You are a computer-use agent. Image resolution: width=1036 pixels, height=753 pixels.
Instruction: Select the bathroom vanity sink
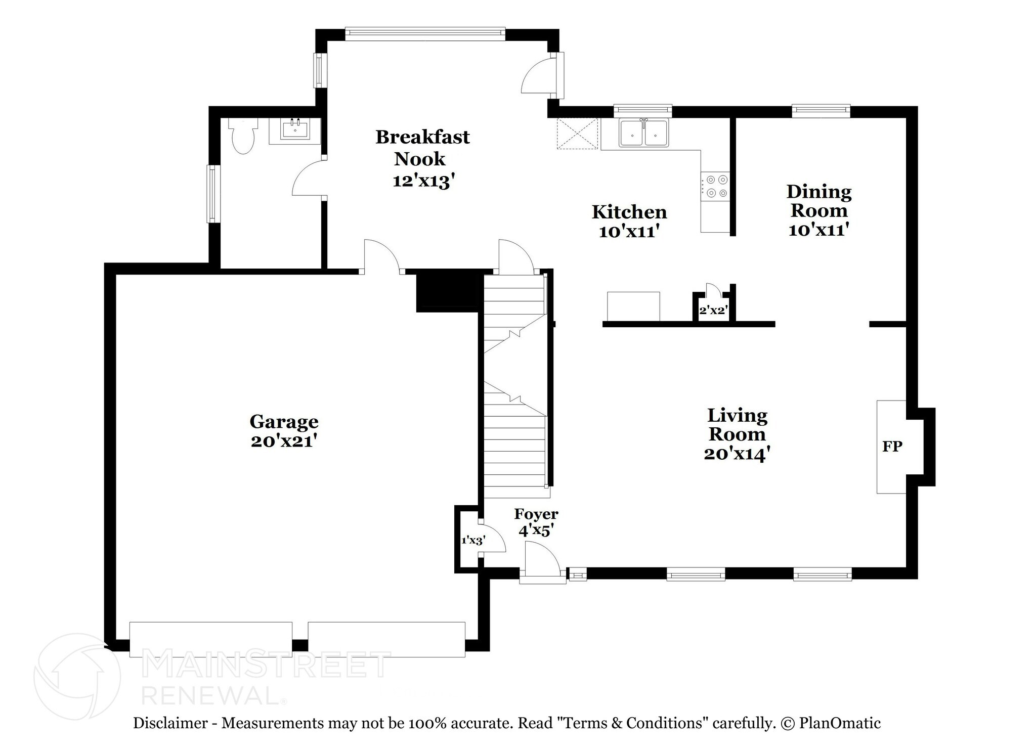pyautogui.click(x=295, y=130)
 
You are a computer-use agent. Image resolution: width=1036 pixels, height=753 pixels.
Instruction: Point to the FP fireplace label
pyautogui.click(x=892, y=447)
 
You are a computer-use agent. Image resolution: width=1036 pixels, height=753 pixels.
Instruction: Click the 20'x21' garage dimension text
pyautogui.click(x=284, y=441)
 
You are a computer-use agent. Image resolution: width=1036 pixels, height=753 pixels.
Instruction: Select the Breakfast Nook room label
pyautogui.click(x=422, y=148)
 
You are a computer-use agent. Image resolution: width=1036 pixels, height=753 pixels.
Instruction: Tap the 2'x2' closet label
pyautogui.click(x=713, y=311)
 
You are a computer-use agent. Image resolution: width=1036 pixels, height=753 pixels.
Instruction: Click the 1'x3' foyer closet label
pyautogui.click(x=473, y=541)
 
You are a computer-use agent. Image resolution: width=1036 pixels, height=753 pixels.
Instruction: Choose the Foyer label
pyautogui.click(x=536, y=514)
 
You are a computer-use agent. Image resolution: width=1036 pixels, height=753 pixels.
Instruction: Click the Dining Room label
pyautogui.click(x=818, y=201)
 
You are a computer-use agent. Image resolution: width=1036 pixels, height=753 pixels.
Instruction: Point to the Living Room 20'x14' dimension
pyautogui.click(x=737, y=454)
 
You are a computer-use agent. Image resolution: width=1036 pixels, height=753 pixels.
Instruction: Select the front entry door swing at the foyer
pyautogui.click(x=541, y=559)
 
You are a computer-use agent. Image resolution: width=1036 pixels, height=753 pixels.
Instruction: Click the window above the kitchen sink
pyautogui.click(x=642, y=110)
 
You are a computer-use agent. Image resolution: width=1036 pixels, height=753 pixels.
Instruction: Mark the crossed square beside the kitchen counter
pyautogui.click(x=577, y=134)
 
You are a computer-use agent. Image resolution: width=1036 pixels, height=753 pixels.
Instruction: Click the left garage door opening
pyautogui.click(x=211, y=639)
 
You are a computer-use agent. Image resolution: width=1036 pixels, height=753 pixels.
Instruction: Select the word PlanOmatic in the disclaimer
pyautogui.click(x=840, y=724)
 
